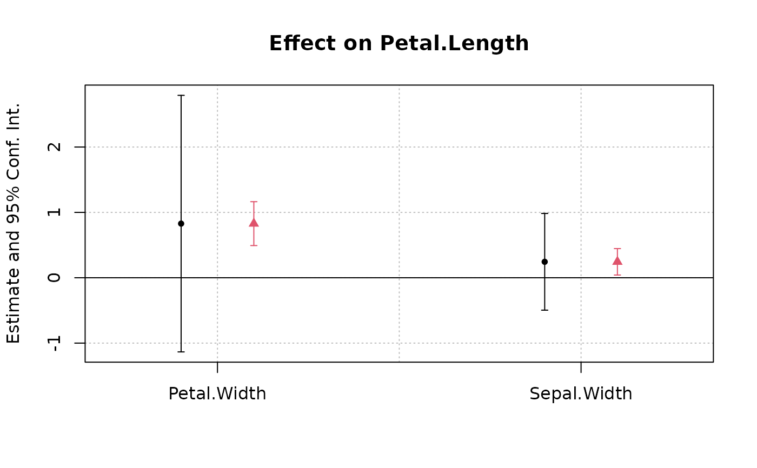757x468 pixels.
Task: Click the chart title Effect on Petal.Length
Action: point(399,44)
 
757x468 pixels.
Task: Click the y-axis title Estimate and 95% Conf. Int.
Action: point(14,223)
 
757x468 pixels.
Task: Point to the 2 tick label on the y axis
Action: point(54,147)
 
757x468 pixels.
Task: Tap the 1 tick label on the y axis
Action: point(54,212)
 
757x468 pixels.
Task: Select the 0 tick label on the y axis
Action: point(54,278)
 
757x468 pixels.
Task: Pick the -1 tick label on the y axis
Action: point(54,343)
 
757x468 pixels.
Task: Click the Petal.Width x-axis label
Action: point(217,394)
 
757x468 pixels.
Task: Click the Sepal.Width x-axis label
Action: point(581,394)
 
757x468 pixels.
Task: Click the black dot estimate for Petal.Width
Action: point(181,223)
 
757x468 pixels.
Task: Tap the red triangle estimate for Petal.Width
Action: point(254,223)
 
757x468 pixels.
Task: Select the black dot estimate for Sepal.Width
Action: point(544,262)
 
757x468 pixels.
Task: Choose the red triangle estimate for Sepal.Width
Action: point(617,260)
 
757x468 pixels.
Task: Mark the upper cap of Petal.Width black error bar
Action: point(181,95)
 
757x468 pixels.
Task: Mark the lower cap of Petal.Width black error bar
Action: point(181,352)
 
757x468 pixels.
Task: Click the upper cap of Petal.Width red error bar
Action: point(254,202)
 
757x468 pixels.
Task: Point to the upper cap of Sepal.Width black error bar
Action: point(544,213)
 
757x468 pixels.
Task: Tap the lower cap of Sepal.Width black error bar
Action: point(544,310)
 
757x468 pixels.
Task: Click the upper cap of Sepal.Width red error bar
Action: point(617,249)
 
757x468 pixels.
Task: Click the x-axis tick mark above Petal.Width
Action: point(217,367)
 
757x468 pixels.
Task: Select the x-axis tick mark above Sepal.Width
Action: point(581,367)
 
